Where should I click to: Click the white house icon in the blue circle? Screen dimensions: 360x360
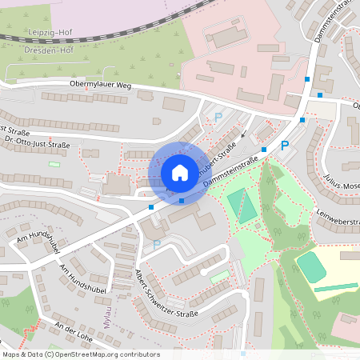coord(180,172)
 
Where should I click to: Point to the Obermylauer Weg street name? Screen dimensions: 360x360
coord(100,83)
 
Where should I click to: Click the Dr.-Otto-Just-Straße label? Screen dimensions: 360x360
coord(38,144)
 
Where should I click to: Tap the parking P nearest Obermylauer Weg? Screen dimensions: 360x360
coord(218,118)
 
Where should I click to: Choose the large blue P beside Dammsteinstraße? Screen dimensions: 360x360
coord(284,146)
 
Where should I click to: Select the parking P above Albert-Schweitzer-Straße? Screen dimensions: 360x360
coord(157,243)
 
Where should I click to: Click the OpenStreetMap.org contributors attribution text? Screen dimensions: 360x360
coord(108,354)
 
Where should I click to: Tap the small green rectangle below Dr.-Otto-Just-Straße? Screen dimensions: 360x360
coord(54,165)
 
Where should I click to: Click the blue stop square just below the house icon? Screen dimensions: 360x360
coord(182,200)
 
